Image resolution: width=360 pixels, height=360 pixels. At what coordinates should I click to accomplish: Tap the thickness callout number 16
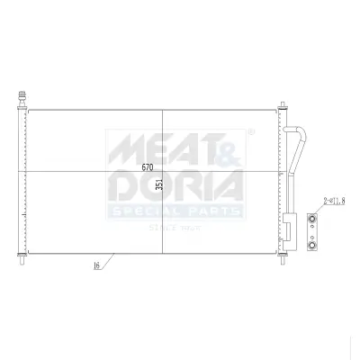[x=95, y=266]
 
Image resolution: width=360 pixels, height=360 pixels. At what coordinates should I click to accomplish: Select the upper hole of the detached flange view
[x=311, y=217]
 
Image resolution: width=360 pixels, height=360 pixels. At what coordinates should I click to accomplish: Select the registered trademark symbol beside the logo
[x=249, y=131]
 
